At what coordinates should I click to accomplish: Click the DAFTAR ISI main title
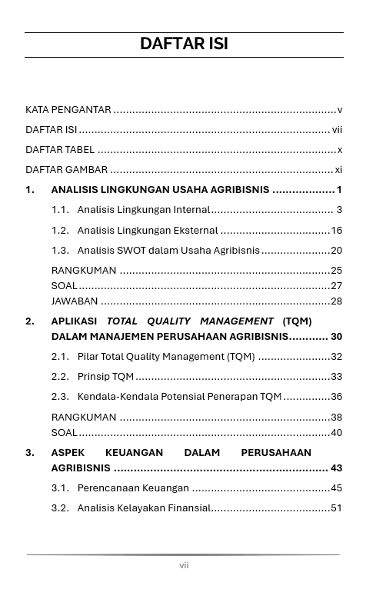point(184,44)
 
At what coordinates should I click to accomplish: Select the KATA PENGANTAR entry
point(68,110)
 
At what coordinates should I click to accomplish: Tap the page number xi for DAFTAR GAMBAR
point(338,170)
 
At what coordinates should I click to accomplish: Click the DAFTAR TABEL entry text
point(60,150)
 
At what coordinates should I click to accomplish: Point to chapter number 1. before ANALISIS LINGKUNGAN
point(30,190)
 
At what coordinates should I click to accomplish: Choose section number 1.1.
point(61,210)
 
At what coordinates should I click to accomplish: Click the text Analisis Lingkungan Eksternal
point(148,230)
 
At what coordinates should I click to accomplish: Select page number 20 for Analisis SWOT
point(336,251)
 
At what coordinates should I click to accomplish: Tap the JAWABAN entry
point(75,301)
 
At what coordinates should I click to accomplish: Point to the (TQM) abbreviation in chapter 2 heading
point(297,321)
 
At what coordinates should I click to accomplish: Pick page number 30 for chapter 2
point(336,337)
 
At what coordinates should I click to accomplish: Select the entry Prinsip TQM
point(105,377)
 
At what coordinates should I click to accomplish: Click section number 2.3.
point(61,397)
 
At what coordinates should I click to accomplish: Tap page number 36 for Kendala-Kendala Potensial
point(336,397)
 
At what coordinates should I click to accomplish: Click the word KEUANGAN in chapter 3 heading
point(135,453)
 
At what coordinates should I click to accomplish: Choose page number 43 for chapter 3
point(336,468)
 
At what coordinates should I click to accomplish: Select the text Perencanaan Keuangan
point(133,488)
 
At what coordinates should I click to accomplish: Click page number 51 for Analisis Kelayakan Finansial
point(336,508)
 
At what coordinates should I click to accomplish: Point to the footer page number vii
point(184,565)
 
